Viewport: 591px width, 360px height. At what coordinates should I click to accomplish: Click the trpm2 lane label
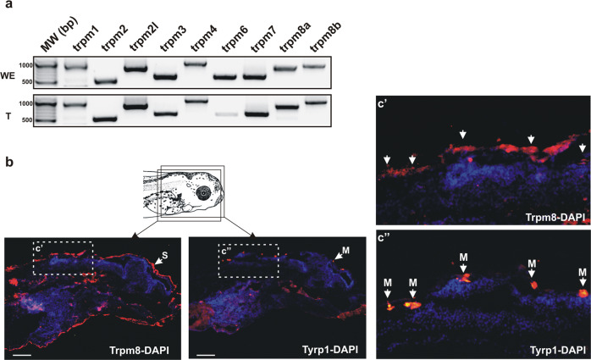115,38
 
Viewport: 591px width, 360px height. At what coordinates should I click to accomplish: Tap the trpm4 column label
203,38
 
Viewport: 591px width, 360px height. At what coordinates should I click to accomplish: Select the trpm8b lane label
325,37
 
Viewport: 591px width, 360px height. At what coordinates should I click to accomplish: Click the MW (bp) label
59,34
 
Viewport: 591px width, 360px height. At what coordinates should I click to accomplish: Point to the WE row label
8,75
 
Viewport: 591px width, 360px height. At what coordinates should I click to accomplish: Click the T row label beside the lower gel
8,117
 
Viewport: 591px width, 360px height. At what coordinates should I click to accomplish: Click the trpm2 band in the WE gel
105,81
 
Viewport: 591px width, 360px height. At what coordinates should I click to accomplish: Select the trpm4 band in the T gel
196,101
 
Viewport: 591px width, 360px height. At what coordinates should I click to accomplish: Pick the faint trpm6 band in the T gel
226,114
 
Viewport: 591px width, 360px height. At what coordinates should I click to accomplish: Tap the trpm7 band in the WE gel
255,77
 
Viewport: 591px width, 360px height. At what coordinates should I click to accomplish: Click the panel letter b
8,162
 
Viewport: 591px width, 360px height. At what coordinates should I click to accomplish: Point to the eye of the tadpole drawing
203,193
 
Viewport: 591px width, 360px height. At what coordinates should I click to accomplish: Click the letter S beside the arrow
165,256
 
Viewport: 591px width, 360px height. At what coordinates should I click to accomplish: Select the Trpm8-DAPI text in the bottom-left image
139,350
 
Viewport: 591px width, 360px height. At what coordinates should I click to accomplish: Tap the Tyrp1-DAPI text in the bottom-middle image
330,350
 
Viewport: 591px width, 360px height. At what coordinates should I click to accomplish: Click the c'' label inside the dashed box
227,250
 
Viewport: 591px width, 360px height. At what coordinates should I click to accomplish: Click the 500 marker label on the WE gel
27,82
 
